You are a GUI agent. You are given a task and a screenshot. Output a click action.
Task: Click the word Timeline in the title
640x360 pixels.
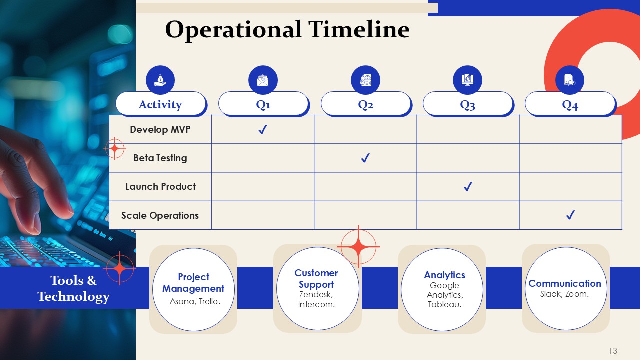(359, 29)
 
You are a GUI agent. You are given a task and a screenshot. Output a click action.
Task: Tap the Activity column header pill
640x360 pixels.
(161, 104)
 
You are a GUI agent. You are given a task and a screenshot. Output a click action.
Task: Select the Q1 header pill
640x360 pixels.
(263, 104)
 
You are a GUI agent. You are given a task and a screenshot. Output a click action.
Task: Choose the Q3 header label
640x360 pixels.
(467, 105)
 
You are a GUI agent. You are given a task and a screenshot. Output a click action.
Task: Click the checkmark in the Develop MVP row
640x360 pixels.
(263, 129)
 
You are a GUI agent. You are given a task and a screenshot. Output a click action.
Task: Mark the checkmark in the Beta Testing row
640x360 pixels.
(365, 158)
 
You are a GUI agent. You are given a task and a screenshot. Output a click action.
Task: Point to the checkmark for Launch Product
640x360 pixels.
(468, 186)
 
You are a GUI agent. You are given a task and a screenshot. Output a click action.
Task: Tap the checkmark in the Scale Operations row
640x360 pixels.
(570, 215)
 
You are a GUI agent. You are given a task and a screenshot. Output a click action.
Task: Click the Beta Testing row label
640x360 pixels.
(160, 158)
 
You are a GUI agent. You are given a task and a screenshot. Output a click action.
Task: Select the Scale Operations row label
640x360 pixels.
(160, 215)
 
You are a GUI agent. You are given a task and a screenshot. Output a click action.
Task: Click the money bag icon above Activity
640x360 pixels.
(160, 80)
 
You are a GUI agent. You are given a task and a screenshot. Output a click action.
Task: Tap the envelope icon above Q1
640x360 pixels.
(263, 80)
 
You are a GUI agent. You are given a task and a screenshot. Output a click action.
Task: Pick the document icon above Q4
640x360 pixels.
(570, 80)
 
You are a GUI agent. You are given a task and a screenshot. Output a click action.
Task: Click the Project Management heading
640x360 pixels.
(193, 283)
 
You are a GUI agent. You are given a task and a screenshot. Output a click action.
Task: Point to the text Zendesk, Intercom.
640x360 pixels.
(316, 299)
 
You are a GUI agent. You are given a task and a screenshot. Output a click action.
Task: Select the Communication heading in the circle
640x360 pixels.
(565, 283)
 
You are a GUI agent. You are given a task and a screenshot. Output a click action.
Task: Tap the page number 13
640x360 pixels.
(613, 351)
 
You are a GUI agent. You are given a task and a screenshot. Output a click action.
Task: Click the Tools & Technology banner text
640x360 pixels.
(73, 288)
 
